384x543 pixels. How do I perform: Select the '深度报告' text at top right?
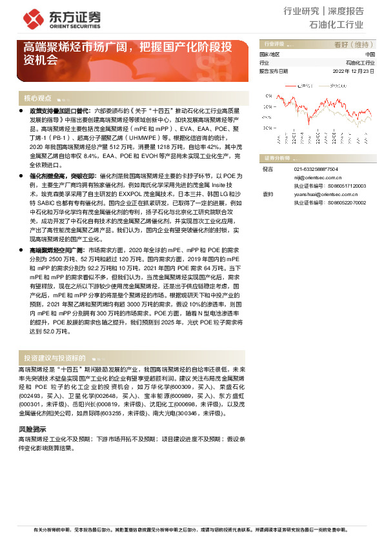(347, 11)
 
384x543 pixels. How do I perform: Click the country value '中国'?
(369, 55)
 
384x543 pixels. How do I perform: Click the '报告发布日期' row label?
(274, 71)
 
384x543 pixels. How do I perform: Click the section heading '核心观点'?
(37, 99)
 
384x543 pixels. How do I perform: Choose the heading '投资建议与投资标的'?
(54, 357)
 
